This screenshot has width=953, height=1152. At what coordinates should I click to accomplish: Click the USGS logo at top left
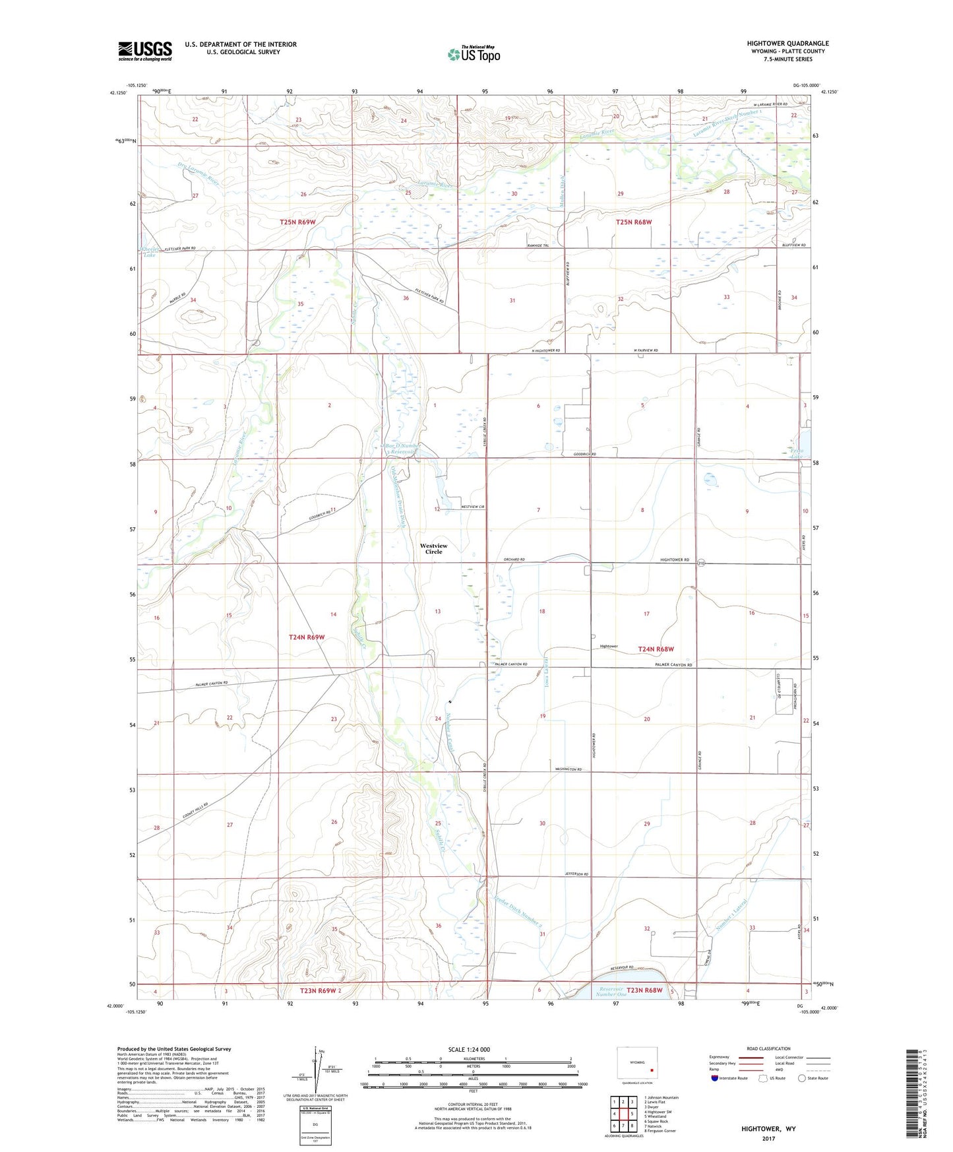pyautogui.click(x=144, y=51)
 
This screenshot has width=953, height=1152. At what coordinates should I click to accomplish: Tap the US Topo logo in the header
pyautogui.click(x=474, y=53)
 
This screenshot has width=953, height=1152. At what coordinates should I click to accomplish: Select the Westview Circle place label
pyautogui.click(x=433, y=548)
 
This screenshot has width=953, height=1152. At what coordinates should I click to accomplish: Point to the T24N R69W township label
pyautogui.click(x=307, y=637)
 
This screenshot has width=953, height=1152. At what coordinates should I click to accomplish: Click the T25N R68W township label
pyautogui.click(x=633, y=222)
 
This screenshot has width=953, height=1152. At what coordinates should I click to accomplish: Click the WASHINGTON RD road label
pyautogui.click(x=567, y=769)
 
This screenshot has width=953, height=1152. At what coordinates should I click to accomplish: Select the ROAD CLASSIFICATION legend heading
pyautogui.click(x=768, y=1048)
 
